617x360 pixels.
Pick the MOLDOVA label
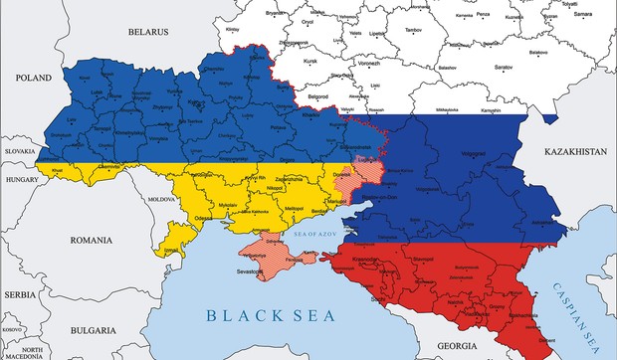click(x=161, y=199)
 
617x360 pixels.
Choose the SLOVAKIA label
click(x=19, y=151)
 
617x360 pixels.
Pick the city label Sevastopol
click(x=262, y=269)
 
